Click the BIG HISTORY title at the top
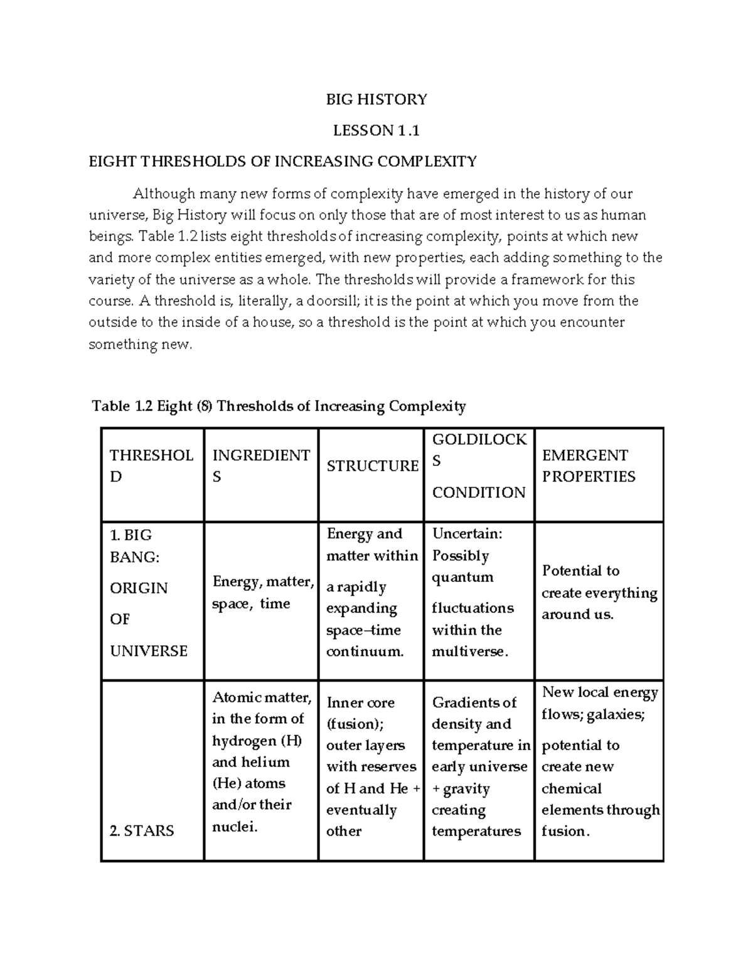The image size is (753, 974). (x=376, y=99)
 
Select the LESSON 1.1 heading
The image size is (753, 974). (x=376, y=130)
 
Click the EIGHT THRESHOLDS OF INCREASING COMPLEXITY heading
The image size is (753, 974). (x=282, y=161)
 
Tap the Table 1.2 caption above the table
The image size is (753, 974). (x=279, y=406)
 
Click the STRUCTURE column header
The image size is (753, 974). (x=372, y=466)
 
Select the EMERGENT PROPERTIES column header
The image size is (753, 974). (x=589, y=466)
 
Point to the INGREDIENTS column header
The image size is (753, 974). (x=261, y=466)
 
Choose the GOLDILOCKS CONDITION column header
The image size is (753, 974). (x=479, y=466)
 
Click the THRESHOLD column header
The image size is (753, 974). (x=151, y=466)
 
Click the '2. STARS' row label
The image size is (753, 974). (x=141, y=830)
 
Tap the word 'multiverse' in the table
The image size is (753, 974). (x=468, y=652)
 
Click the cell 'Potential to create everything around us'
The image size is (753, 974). (x=599, y=593)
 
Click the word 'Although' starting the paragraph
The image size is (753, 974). (x=164, y=194)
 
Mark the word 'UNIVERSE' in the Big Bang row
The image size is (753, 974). (x=149, y=651)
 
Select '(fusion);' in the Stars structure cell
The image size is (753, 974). (x=355, y=724)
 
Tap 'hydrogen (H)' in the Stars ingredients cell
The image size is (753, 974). (x=257, y=741)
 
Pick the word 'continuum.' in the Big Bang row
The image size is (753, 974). (x=365, y=652)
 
